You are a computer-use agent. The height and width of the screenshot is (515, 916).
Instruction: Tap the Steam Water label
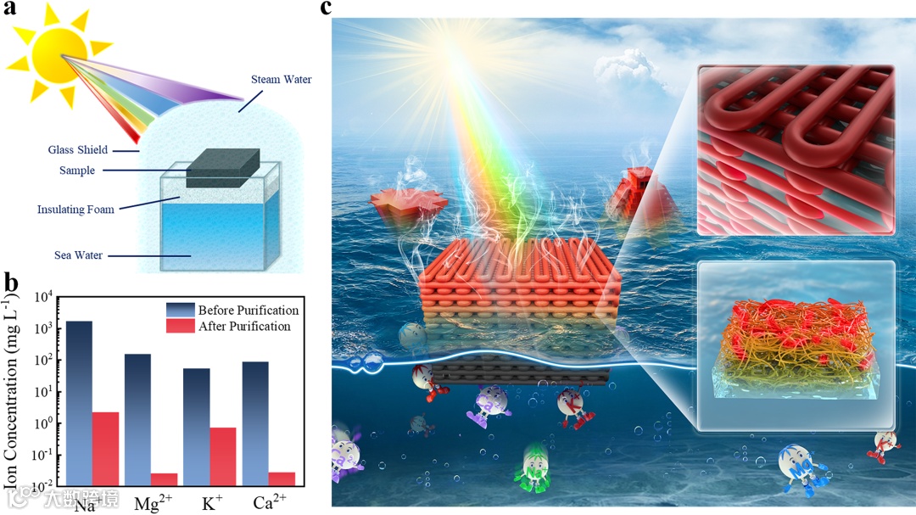[281, 80]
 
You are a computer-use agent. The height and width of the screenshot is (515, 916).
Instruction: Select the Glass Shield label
[77, 150]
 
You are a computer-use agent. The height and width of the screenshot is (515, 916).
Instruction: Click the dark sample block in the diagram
[223, 167]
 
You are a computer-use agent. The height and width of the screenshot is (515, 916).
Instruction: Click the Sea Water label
[75, 255]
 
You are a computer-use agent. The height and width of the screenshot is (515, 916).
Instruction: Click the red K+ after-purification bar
[222, 456]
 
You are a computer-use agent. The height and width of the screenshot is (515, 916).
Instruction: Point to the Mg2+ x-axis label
[152, 503]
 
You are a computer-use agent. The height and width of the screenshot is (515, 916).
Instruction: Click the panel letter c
[327, 8]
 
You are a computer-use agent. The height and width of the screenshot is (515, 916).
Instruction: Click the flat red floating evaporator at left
[401, 206]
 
